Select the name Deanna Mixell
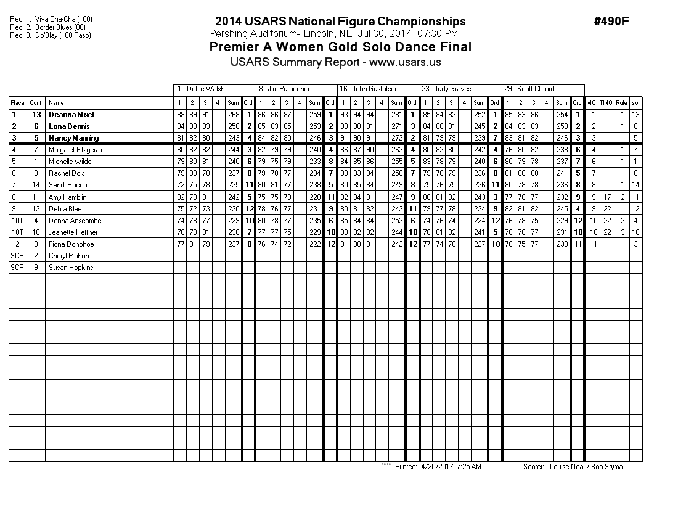71,115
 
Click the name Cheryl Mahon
69,256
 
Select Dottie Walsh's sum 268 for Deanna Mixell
234,115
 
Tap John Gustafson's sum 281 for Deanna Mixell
397,115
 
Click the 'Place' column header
17,103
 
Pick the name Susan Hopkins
70,268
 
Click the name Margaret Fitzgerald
76,150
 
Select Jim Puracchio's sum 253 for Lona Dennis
315,126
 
